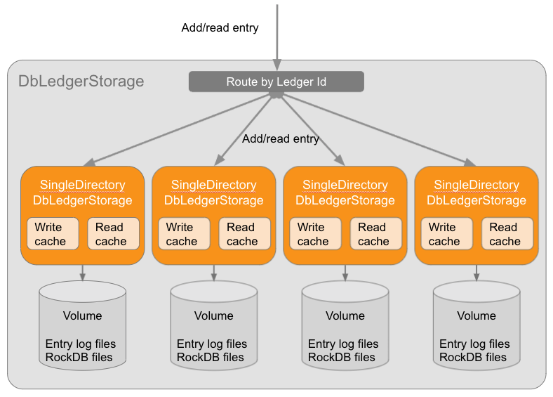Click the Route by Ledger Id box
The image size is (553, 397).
(276, 82)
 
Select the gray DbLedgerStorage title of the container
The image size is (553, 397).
(81, 82)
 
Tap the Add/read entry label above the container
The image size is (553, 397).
(220, 28)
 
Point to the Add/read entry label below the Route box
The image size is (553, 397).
(280, 139)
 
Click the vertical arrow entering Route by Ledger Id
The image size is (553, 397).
(277, 39)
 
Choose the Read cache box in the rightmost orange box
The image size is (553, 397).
(506, 234)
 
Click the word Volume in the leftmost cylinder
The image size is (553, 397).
(82, 316)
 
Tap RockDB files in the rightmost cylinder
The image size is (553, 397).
(472, 357)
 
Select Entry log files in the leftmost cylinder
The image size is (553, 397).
(81, 344)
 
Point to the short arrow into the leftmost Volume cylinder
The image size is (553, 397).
(82, 273)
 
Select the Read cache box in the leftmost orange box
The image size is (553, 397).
(112, 234)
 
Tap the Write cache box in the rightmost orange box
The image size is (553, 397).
(445, 234)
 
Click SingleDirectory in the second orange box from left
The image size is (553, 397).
(213, 186)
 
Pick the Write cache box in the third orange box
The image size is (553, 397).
(314, 234)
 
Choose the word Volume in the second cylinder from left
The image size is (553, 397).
(213, 316)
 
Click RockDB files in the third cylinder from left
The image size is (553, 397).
(341, 357)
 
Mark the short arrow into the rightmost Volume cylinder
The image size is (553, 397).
(476, 273)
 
